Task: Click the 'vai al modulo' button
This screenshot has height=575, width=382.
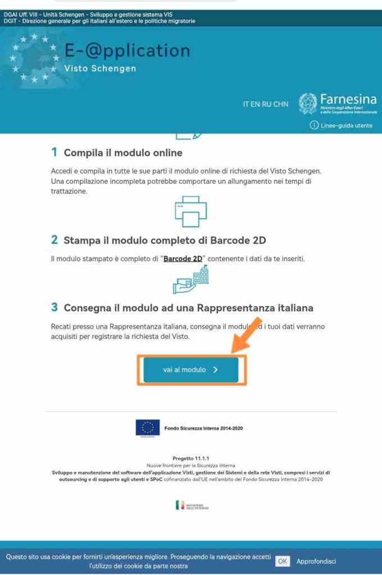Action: click(191, 370)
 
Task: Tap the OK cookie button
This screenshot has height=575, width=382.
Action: click(283, 561)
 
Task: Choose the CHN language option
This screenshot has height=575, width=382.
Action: click(281, 104)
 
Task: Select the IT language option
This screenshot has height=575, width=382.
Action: click(247, 104)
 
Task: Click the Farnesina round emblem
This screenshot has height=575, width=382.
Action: click(308, 103)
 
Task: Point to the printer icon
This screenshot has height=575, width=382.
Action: click(191, 211)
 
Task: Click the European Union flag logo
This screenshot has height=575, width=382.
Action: click(148, 427)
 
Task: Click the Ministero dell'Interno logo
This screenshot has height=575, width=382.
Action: click(192, 505)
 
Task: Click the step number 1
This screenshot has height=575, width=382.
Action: click(54, 152)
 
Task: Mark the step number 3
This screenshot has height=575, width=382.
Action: click(54, 307)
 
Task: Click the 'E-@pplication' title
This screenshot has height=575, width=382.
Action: click(127, 51)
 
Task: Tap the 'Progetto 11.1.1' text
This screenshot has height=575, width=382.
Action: click(191, 459)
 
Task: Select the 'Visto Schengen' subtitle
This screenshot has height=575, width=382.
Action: click(101, 69)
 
